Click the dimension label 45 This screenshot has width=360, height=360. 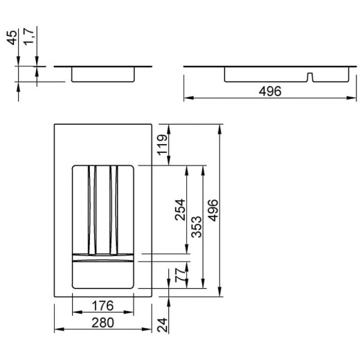(12, 37)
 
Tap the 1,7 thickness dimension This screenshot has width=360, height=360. (29, 36)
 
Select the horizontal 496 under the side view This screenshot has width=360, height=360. (270, 91)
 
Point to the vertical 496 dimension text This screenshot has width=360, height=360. (213, 210)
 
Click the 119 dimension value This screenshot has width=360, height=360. (162, 145)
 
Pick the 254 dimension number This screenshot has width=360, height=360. (180, 210)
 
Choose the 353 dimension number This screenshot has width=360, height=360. (197, 227)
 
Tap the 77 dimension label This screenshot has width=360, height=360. (180, 275)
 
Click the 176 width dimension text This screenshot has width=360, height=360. (102, 306)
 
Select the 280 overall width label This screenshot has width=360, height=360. (102, 323)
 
